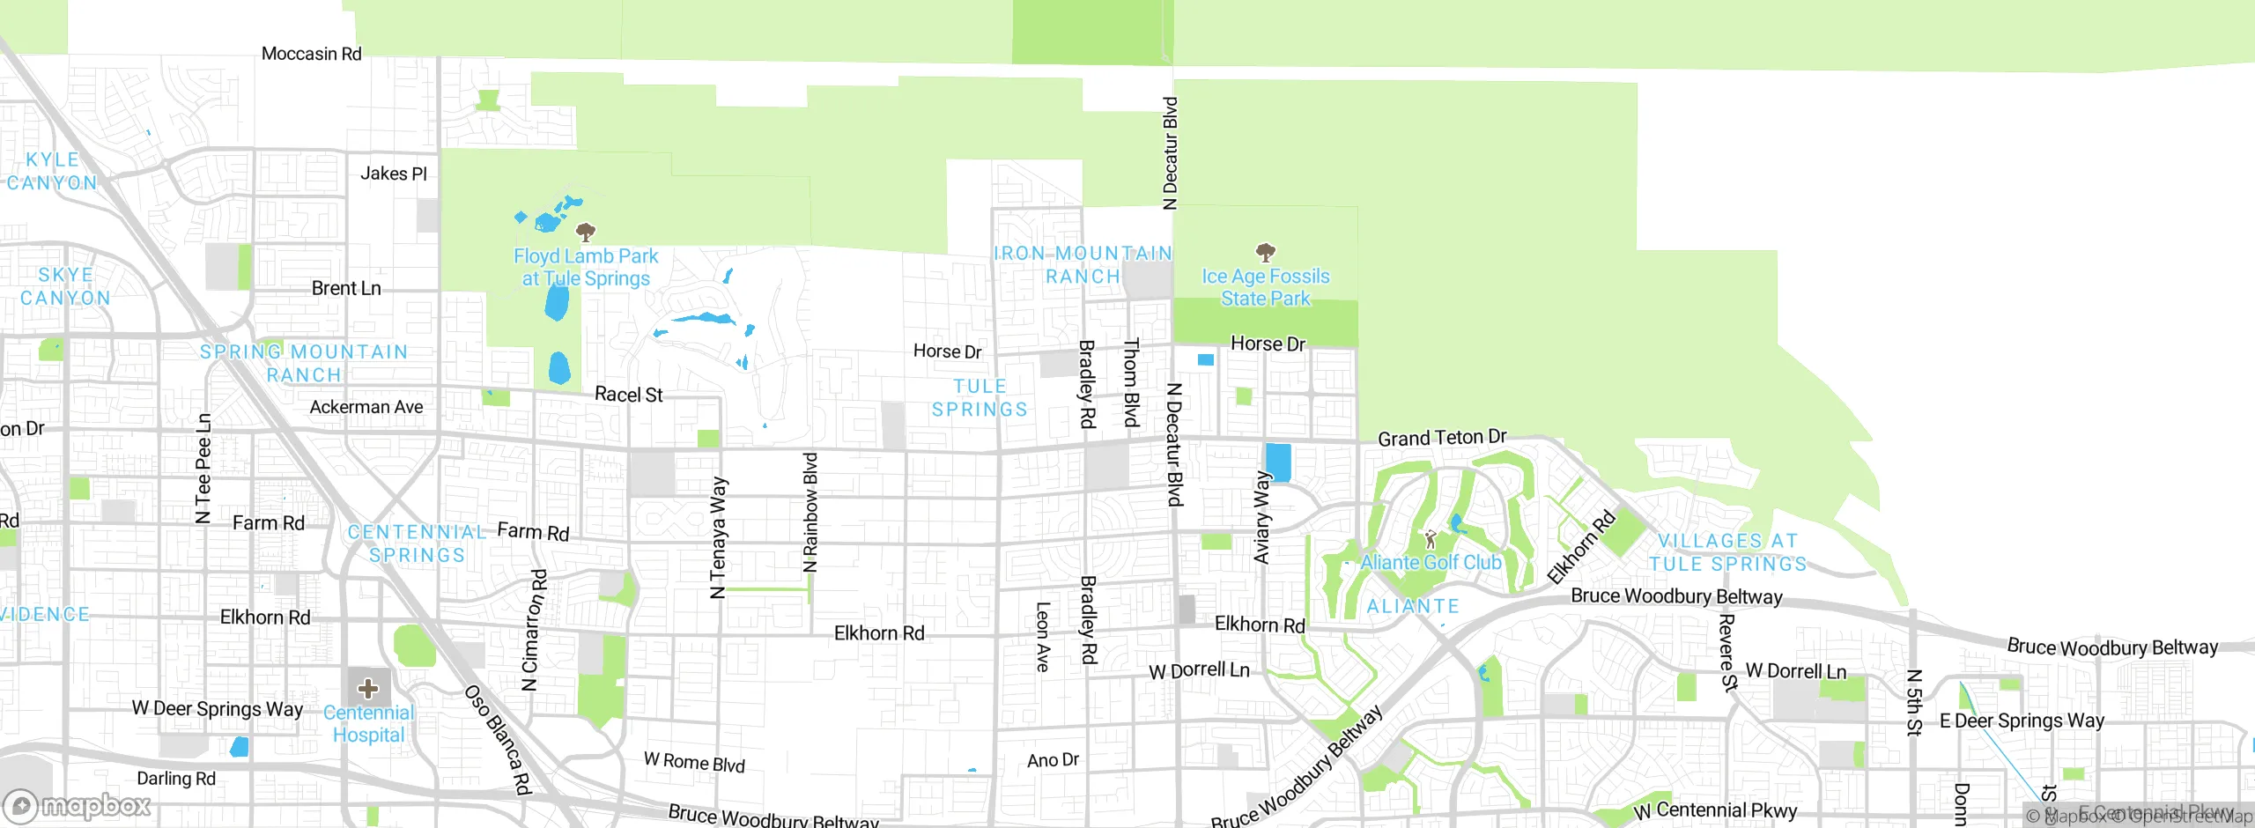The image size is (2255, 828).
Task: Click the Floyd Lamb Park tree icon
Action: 585,232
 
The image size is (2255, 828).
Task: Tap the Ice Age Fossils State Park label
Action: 1266,287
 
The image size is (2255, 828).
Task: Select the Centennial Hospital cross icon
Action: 368,688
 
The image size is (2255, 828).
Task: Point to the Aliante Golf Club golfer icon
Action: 1431,538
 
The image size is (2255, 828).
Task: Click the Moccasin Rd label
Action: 312,54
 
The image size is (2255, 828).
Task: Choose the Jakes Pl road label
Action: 394,174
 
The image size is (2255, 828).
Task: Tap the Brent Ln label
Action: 346,288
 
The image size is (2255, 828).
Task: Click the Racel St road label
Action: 629,395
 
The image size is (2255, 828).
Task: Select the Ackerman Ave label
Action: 366,407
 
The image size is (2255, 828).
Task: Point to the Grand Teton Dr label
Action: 1442,438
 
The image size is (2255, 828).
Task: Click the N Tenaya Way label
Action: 719,537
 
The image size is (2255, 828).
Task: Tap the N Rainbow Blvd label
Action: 810,513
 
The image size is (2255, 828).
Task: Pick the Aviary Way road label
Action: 1262,518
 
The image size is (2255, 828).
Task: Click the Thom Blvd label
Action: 1132,382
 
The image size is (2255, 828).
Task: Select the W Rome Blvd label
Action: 694,762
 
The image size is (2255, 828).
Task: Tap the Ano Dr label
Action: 1053,759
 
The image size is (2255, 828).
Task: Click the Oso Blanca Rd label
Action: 499,740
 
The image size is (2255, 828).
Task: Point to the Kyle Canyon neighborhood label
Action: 53,171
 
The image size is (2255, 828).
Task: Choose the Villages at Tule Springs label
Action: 1727,552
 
